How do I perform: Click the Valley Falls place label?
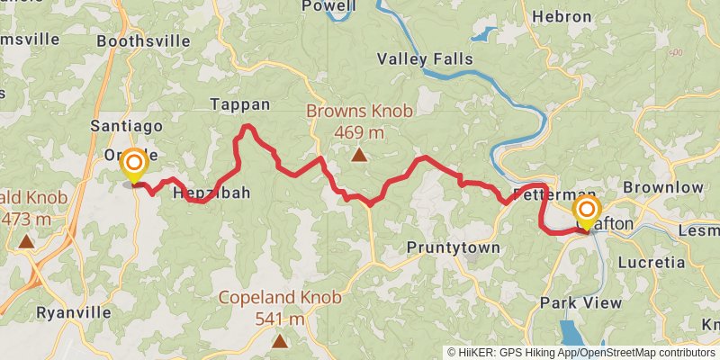click(424, 59)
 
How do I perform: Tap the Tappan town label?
click(239, 104)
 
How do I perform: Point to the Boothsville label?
click(143, 40)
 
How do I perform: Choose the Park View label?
click(580, 302)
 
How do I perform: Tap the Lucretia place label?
click(652, 263)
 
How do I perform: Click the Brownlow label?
click(662, 187)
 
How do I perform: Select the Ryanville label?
click(74, 312)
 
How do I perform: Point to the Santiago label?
click(127, 126)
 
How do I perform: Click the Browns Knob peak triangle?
click(359, 156)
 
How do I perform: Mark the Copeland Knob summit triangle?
click(280, 341)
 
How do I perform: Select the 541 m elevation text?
click(280, 319)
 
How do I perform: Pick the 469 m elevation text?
click(359, 132)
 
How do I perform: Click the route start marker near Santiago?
click(134, 164)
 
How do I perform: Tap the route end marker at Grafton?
click(586, 212)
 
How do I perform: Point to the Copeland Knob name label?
click(280, 298)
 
